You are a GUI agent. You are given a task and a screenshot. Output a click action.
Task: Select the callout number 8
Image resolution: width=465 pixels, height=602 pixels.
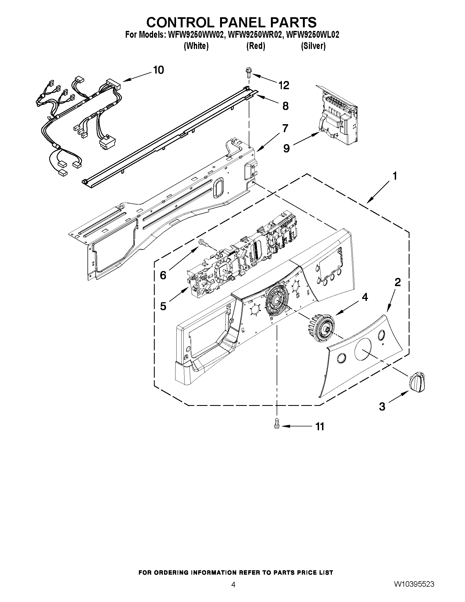(x=285, y=106)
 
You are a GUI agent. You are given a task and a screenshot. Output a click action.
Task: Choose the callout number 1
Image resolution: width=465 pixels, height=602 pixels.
(x=394, y=176)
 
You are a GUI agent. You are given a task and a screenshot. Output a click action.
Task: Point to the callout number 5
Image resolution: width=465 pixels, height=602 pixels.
(x=163, y=306)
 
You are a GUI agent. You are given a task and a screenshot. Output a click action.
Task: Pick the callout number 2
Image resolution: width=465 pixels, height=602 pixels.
(x=397, y=282)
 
